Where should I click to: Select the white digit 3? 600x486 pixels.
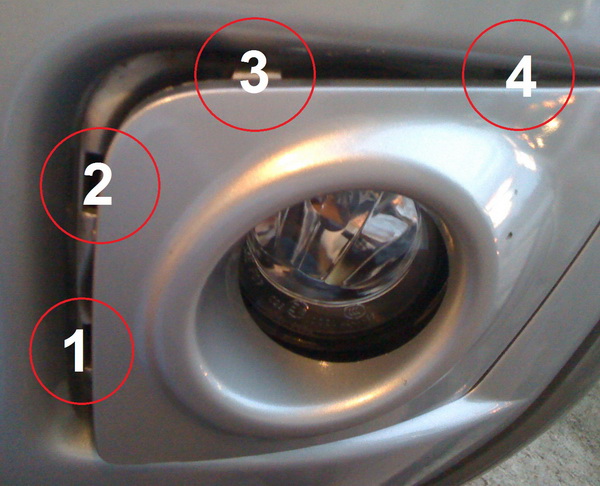coord(254,72)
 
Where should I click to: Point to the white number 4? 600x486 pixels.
coord(521,76)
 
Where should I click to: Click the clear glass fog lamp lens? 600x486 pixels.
coord(333,245)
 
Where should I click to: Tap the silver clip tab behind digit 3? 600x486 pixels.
coord(257,74)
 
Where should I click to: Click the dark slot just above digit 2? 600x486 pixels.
coord(93,161)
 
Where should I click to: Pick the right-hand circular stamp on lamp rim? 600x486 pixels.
coord(351,312)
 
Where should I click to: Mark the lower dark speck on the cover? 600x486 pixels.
coord(509,233)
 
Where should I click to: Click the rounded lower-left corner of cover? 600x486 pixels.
coord(103,448)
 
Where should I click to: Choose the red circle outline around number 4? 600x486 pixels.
coord(463,75)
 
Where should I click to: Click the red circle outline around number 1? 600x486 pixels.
coord(30,351)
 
